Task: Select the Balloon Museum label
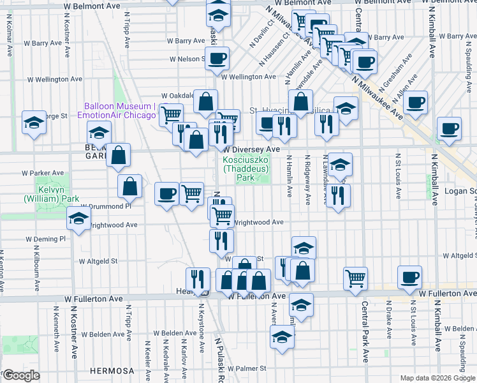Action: pyautogui.click(x=120, y=110)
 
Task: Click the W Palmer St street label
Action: pyautogui.click(x=246, y=368)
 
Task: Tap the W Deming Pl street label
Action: pyautogui.click(x=45, y=239)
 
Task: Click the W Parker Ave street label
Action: pyautogui.click(x=43, y=173)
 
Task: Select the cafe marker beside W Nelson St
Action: pyautogui.click(x=216, y=57)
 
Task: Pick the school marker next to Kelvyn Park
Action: pyautogui.click(x=79, y=219)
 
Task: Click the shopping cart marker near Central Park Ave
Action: pyautogui.click(x=355, y=277)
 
